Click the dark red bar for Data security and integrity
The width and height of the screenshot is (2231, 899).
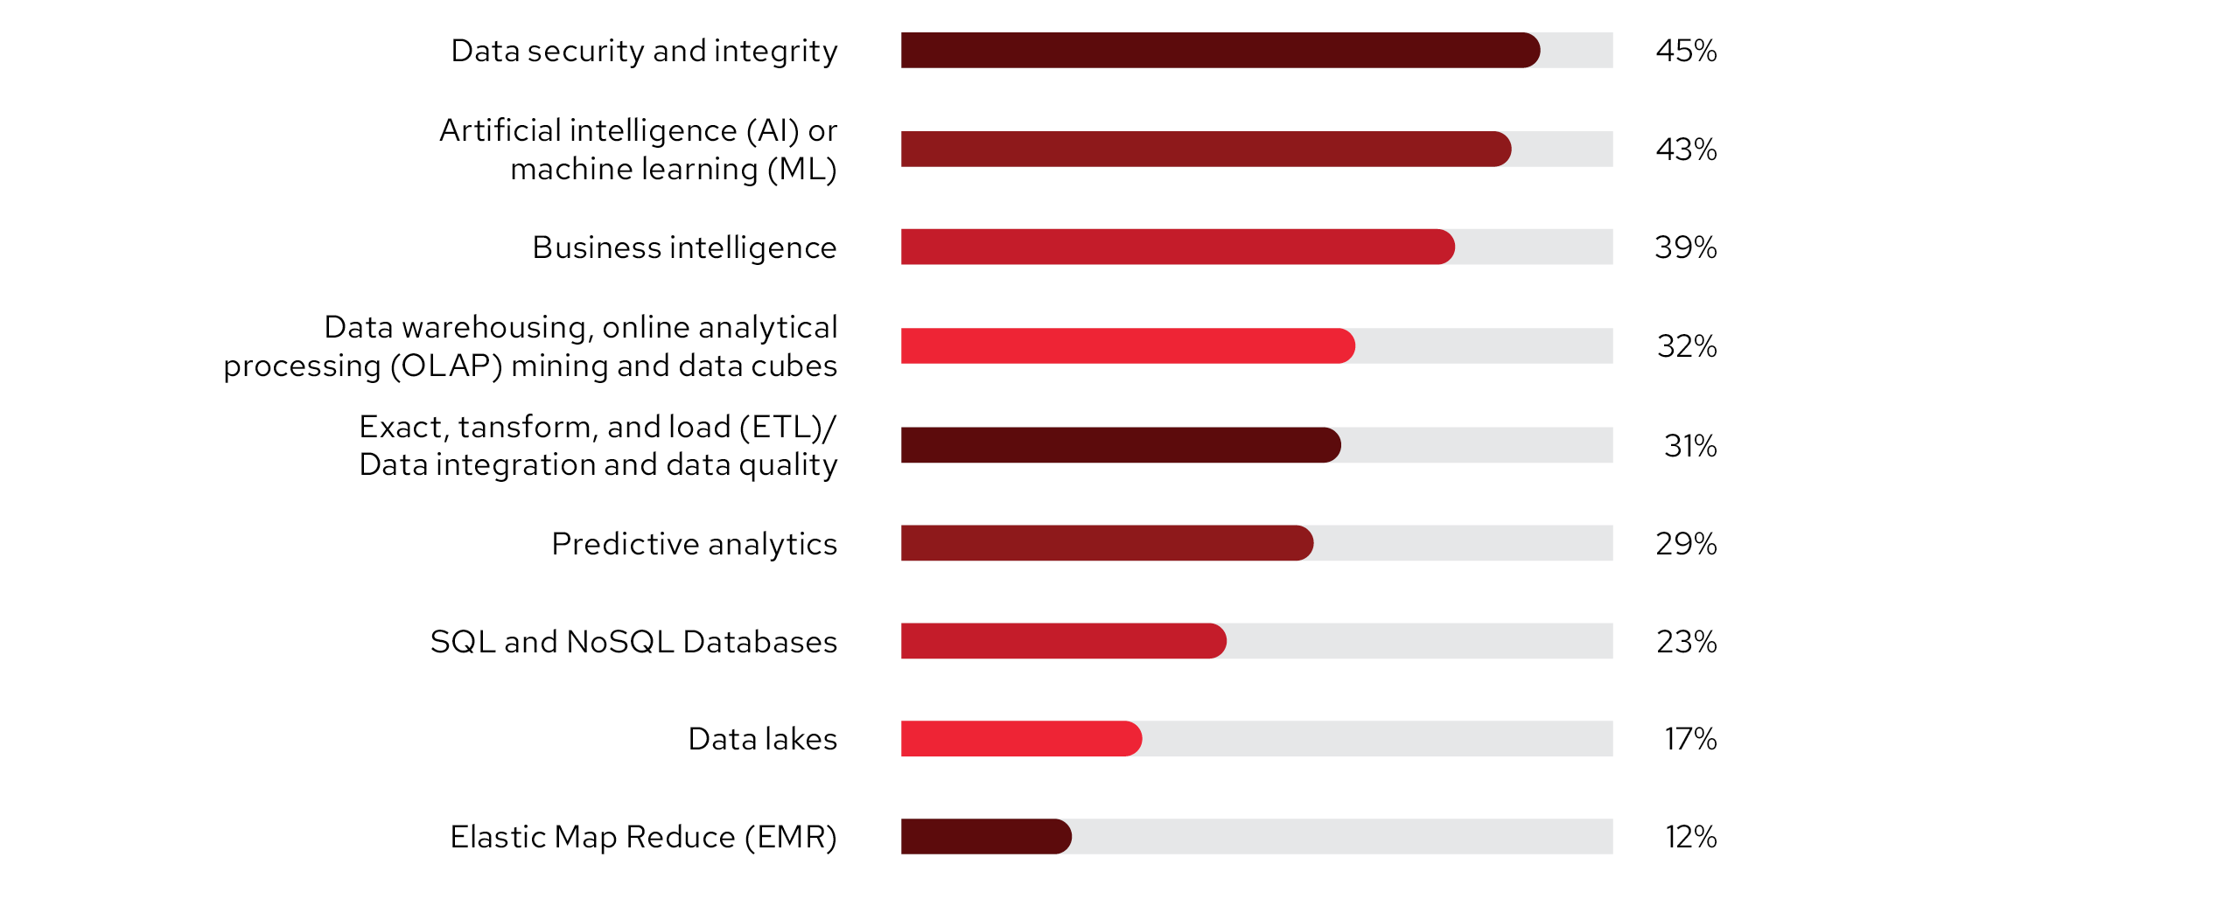1220,50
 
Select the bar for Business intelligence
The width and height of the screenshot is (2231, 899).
1177,247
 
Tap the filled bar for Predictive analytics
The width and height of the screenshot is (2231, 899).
1107,543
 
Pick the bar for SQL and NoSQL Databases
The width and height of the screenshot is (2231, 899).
1063,641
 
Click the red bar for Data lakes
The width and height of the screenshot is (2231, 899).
1021,739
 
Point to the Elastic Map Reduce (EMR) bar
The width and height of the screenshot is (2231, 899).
986,837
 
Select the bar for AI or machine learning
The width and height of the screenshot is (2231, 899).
1206,149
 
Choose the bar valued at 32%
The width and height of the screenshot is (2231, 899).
1128,345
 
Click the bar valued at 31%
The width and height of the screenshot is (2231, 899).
1121,445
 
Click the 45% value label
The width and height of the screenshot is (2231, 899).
1686,51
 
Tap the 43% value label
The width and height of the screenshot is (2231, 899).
1686,150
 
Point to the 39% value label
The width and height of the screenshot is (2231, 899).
1685,247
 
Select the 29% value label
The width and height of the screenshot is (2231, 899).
1686,544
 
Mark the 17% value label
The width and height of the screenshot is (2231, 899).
1689,739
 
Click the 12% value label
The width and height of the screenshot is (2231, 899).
1690,837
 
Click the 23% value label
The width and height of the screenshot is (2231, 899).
1686,642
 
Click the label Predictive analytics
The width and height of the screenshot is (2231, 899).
694,544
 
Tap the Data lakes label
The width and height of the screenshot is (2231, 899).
762,739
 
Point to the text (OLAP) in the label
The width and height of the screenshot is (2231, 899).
446,366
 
